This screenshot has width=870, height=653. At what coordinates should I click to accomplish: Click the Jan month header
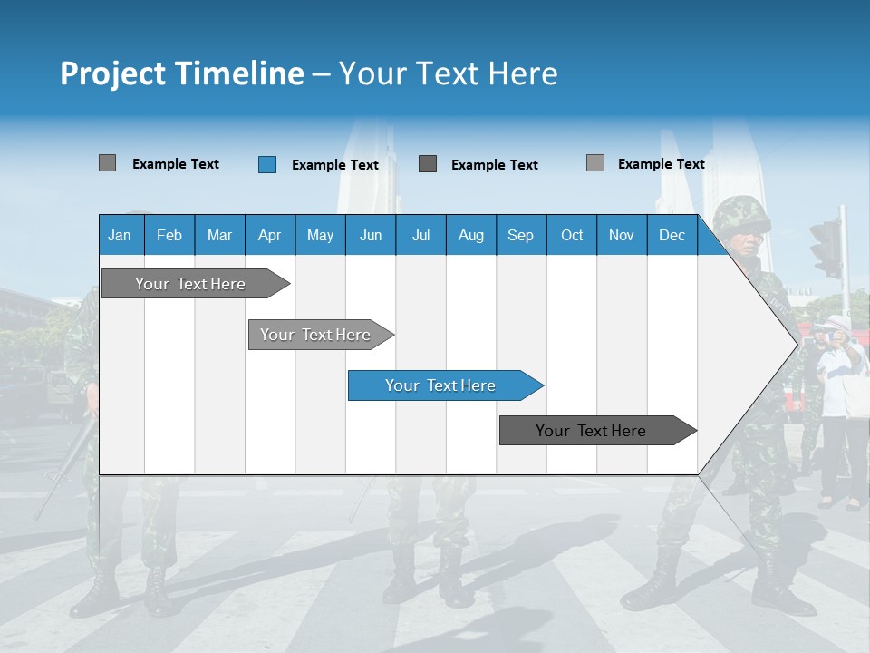click(x=121, y=235)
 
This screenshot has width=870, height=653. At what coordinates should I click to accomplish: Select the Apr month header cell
click(x=269, y=235)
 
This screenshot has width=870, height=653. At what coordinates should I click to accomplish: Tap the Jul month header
click(x=420, y=235)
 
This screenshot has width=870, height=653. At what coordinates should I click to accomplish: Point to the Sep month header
click(x=520, y=235)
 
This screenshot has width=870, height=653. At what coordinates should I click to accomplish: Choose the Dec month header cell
click(x=672, y=235)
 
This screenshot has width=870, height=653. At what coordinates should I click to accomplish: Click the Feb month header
click(x=169, y=235)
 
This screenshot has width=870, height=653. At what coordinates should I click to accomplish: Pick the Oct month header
click(x=572, y=235)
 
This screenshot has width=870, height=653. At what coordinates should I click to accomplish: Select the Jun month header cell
click(x=371, y=235)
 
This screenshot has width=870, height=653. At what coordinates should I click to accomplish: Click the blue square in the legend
click(x=267, y=164)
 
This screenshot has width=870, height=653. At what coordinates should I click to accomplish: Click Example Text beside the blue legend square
click(x=334, y=165)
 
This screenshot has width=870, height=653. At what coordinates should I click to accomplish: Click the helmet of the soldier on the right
click(x=740, y=215)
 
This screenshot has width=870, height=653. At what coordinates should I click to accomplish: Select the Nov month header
click(x=622, y=235)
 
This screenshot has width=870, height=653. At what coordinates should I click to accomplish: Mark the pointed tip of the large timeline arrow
click(x=796, y=344)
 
